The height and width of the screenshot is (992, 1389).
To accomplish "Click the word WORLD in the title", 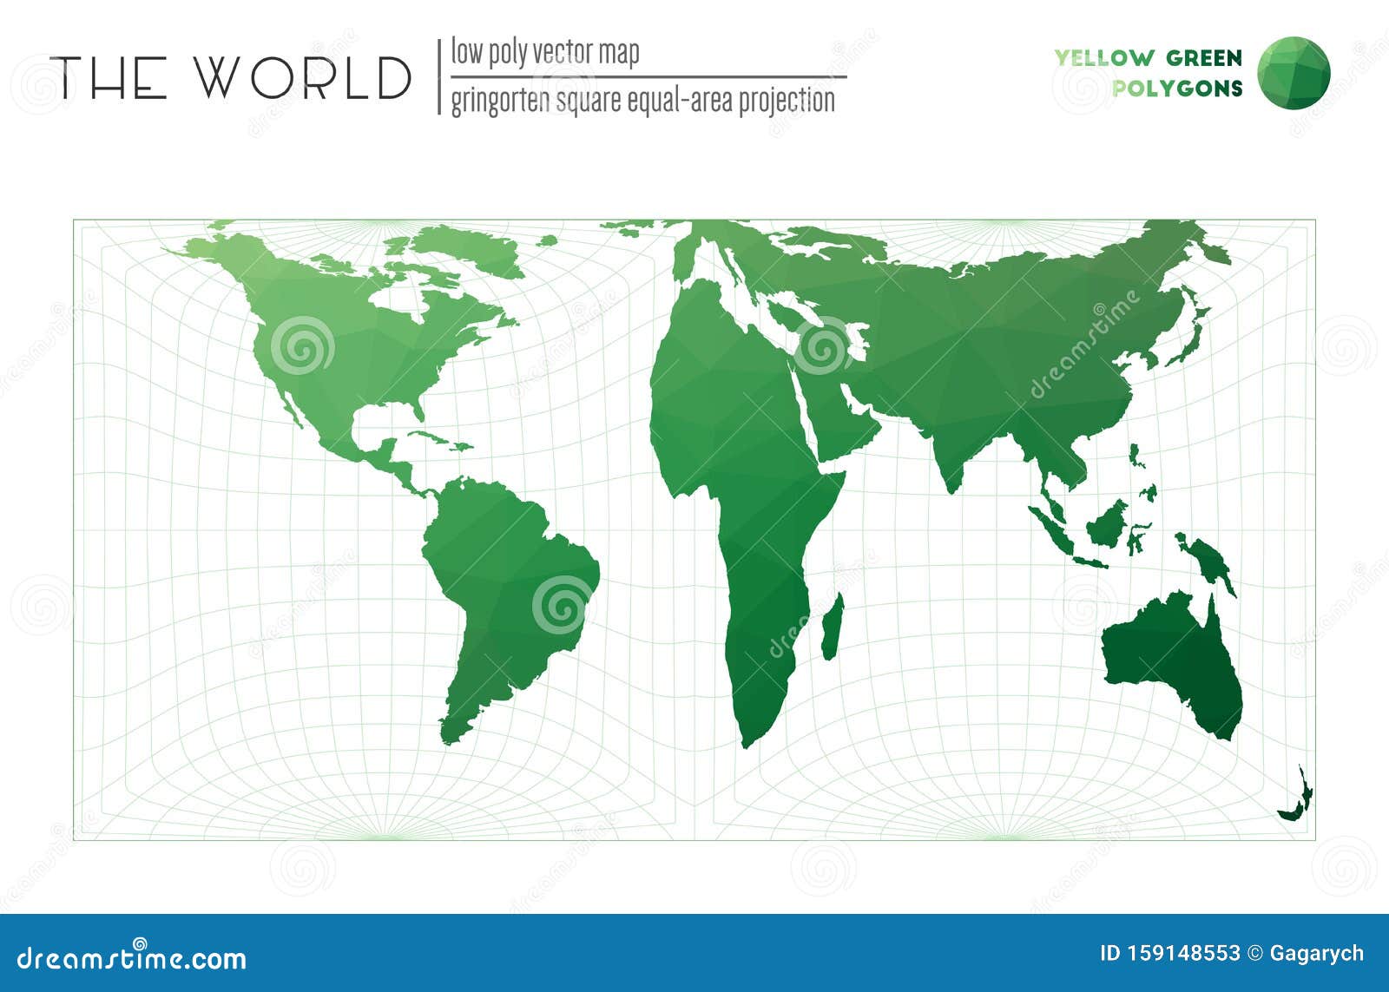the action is [302, 77].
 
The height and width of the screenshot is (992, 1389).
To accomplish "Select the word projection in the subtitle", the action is [787, 101].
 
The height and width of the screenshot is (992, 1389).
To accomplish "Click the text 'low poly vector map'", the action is [544, 52].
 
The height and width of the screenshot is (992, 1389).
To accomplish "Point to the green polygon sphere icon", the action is [1294, 72].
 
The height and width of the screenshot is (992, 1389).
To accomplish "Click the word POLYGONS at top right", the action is [1177, 88].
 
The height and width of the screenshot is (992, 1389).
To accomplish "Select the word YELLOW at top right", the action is [1103, 58].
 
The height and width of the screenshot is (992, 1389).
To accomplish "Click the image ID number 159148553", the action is [1169, 953].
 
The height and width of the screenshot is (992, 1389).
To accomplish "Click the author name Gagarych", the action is [1317, 953].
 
